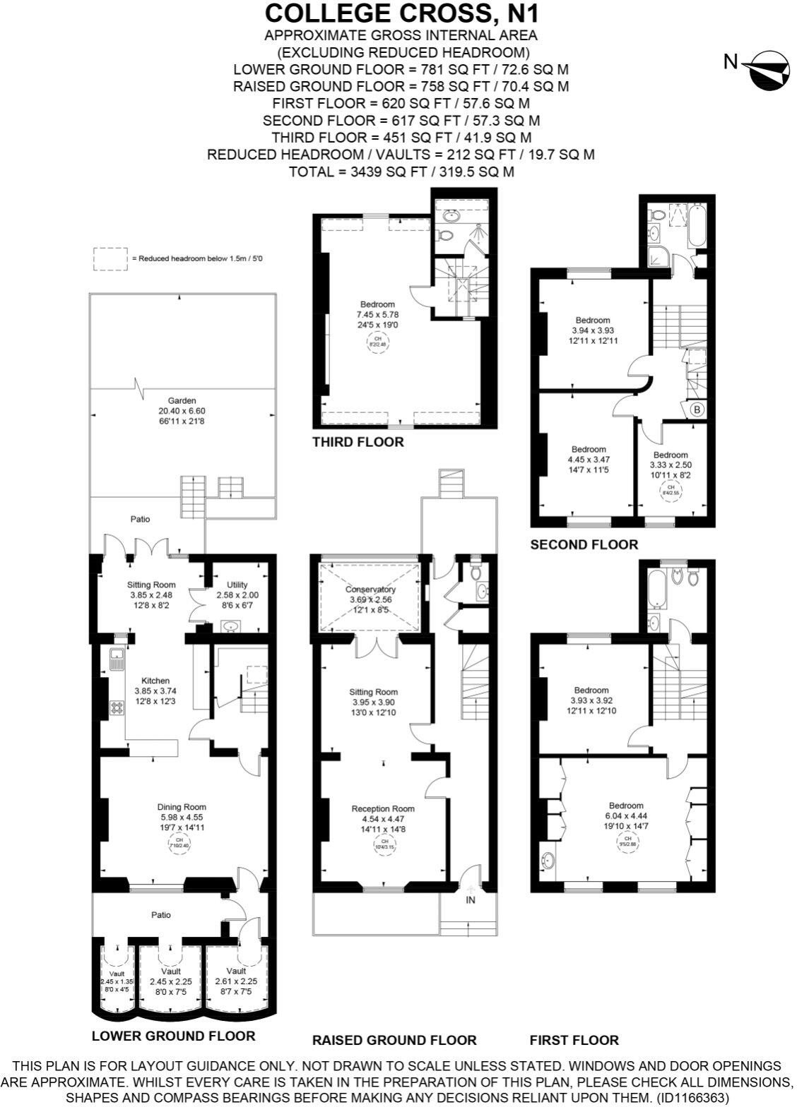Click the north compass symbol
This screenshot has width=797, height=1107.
(766, 69)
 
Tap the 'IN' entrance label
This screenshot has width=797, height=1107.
(471, 901)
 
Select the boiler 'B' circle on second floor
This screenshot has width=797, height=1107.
(696, 409)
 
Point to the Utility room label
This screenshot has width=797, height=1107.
(237, 585)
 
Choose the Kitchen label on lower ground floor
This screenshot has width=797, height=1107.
(152, 681)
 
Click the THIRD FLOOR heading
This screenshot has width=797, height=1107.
(358, 443)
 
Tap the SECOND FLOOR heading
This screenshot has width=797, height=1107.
(584, 544)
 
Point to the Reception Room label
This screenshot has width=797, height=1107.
(384, 809)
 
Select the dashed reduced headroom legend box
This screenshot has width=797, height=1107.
(110, 258)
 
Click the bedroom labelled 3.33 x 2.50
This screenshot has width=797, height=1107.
(670, 465)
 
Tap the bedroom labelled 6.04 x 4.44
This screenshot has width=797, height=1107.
(626, 815)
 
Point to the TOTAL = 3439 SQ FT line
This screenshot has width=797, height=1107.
(401, 172)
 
